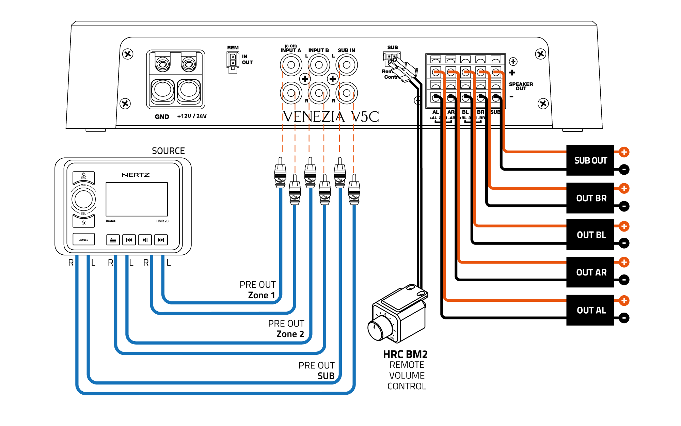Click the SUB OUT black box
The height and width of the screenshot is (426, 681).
click(590, 160)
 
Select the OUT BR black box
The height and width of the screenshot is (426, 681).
click(590, 198)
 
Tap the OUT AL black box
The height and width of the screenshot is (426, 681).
click(590, 310)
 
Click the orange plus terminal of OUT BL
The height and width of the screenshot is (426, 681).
click(624, 226)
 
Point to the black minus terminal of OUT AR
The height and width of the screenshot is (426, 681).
click(624, 280)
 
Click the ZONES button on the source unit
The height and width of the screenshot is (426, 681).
click(84, 239)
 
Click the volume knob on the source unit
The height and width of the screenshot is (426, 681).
click(83, 199)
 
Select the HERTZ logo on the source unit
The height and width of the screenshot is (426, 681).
click(136, 175)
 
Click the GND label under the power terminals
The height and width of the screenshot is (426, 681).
click(162, 117)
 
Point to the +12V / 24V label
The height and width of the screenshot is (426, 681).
click(192, 116)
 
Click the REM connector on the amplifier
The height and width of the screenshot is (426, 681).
click(233, 62)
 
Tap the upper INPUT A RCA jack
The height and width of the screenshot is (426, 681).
click(291, 65)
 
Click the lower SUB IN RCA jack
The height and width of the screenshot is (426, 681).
click(347, 93)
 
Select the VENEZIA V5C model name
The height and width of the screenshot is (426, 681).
click(331, 117)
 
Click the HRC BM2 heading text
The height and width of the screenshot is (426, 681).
click(405, 354)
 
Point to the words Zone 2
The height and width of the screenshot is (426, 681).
click(290, 334)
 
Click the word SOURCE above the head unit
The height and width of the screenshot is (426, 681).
click(168, 151)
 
